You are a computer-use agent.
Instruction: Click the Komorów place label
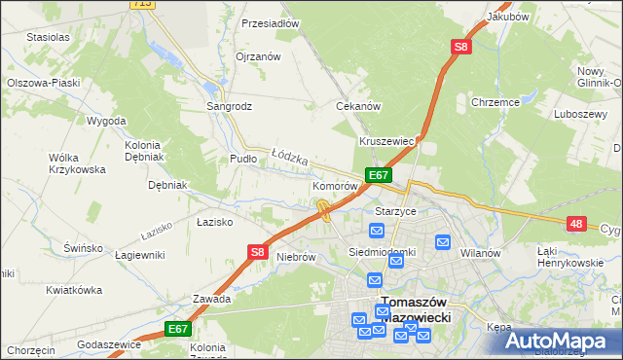point(335,185)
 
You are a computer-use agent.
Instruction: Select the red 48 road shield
point(577,224)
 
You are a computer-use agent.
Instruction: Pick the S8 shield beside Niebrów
point(256,252)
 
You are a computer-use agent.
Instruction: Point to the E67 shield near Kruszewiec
point(379,175)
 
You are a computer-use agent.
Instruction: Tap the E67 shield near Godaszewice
point(176,330)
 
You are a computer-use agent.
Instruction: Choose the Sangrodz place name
point(229,105)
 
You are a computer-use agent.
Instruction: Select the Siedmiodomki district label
point(383,252)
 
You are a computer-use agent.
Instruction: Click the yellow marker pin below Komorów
point(322,207)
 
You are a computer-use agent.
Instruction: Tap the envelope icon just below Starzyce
point(377,230)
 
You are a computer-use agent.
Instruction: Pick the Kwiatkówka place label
point(74,290)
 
